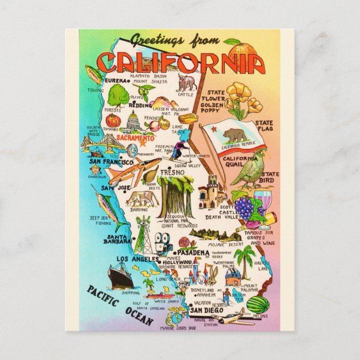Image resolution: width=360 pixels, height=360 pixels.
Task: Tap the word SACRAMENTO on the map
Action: [134, 138]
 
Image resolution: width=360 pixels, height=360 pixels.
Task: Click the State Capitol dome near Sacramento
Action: [134, 122]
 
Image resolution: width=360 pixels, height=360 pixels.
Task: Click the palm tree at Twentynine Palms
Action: [244, 259]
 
